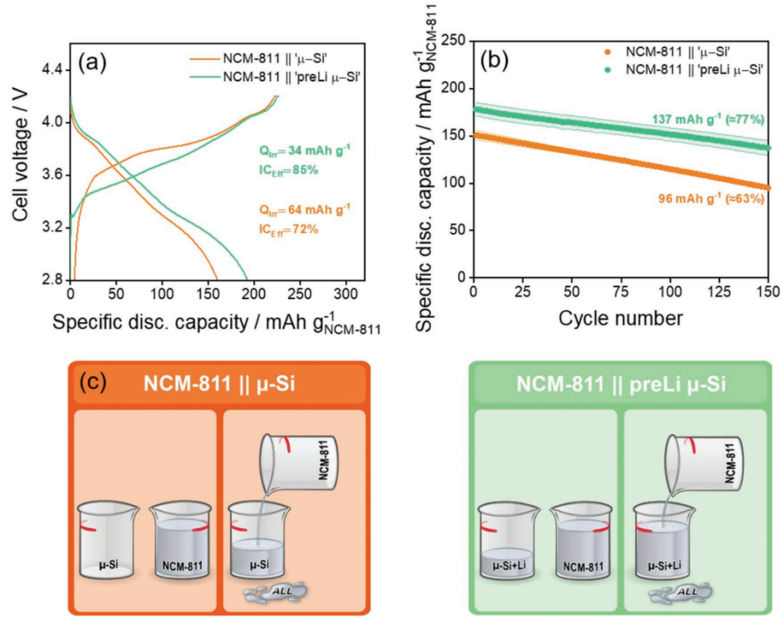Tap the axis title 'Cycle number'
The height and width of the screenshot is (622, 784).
coord(621,317)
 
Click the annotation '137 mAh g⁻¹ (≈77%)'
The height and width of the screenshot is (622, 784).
coord(704,119)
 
